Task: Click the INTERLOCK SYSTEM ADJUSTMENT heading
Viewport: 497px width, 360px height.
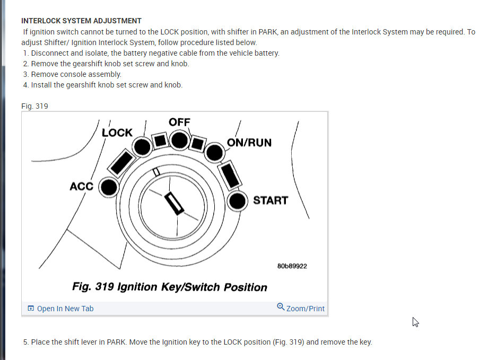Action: [81, 21]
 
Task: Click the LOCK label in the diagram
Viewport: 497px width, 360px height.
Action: [117, 133]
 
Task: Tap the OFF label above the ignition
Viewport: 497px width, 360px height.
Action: [179, 122]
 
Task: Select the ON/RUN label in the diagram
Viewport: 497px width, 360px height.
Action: [249, 143]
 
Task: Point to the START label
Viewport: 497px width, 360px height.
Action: [270, 200]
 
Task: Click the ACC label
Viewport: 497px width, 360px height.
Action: [81, 186]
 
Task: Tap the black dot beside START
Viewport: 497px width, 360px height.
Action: [238, 201]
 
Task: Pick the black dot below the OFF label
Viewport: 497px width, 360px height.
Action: [180, 140]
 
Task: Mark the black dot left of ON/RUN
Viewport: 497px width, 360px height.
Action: [214, 152]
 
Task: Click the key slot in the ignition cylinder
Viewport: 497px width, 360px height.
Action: [173, 204]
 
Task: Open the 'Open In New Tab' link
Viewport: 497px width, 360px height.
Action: [65, 309]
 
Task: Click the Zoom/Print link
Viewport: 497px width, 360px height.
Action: [305, 309]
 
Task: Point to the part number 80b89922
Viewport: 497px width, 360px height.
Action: [292, 266]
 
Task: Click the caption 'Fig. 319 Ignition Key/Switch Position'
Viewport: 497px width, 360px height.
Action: [170, 287]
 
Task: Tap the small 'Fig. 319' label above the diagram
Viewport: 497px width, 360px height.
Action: [34, 106]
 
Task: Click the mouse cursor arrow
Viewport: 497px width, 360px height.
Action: [415, 321]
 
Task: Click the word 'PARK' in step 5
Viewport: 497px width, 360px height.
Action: [116, 342]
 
